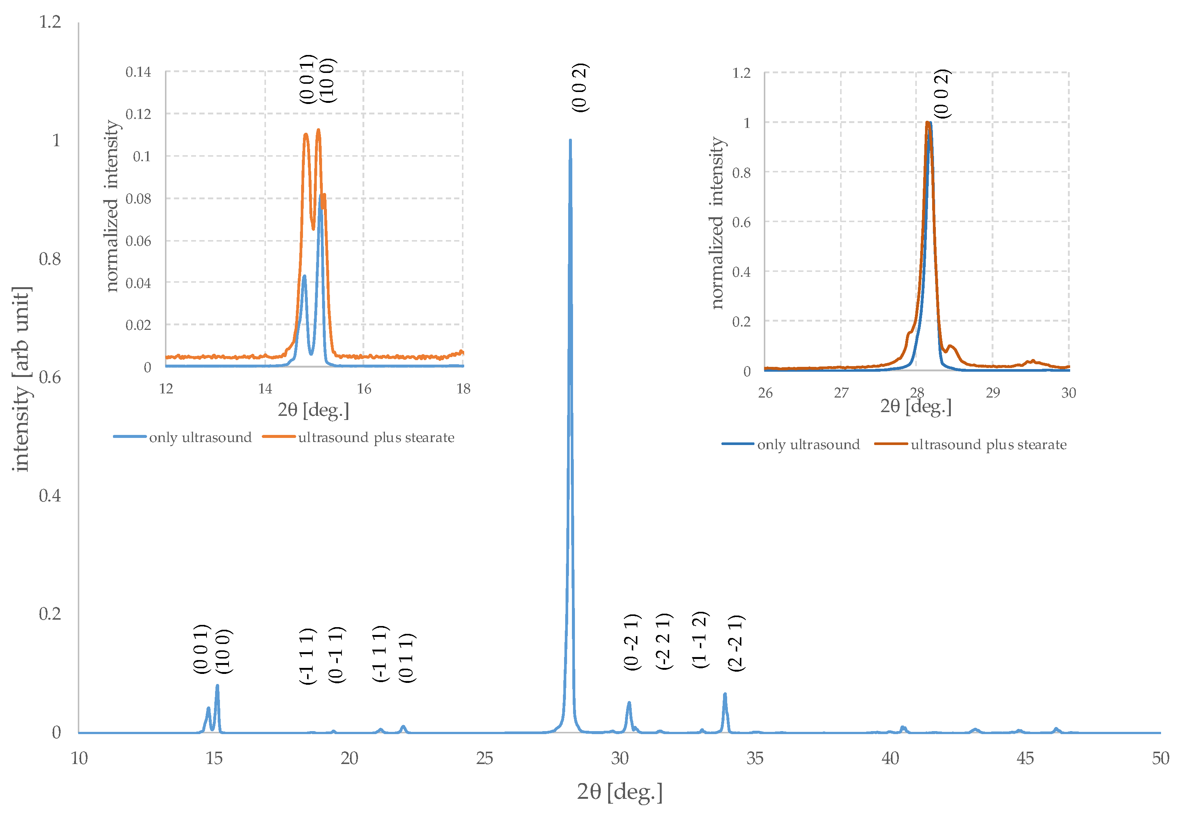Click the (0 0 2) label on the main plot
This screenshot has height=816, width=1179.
click(580, 88)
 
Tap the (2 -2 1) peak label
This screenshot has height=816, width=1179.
click(736, 643)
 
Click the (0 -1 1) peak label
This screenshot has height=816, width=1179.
click(336, 654)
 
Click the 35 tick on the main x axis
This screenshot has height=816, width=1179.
click(754, 758)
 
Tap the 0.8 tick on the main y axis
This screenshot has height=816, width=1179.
click(50, 259)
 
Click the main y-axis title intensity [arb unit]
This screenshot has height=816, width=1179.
click(21, 379)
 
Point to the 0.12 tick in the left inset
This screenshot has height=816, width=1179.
click(138, 114)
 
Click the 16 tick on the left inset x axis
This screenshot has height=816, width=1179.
click(364, 389)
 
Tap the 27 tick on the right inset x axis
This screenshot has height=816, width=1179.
click(841, 393)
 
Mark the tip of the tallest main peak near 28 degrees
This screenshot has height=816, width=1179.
click(570, 140)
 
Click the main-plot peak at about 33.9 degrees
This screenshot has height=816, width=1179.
click(725, 694)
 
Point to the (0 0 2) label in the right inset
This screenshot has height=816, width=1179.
click(942, 94)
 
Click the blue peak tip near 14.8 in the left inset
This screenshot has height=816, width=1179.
click(304, 277)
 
